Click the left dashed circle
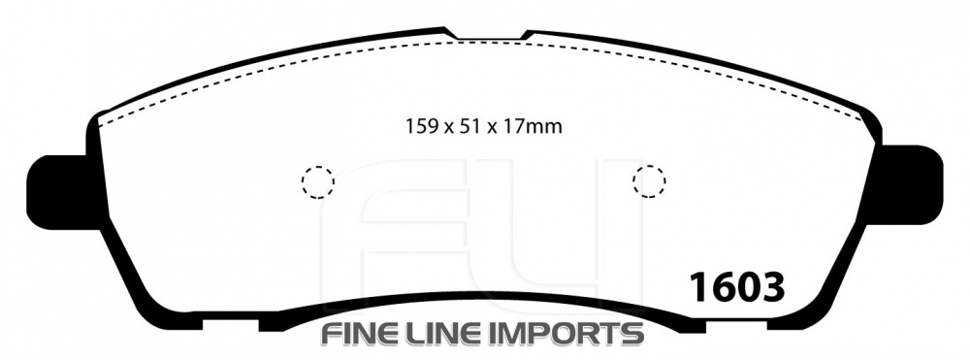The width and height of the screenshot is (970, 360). point(303,182)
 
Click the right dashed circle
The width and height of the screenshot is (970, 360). point(633,181)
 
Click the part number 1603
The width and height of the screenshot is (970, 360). point(737,286)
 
